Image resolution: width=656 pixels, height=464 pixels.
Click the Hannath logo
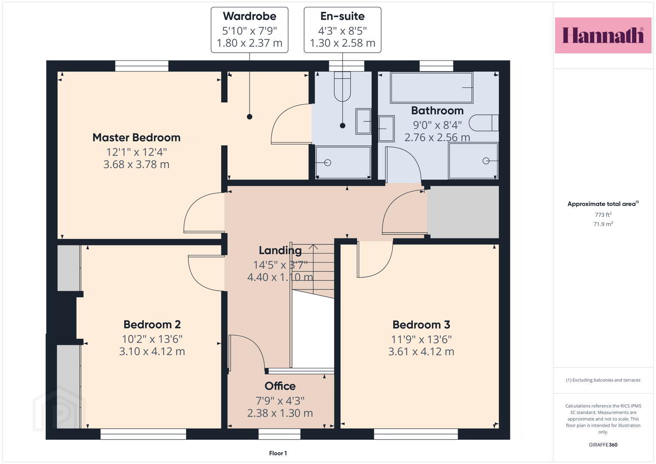pos(603,35)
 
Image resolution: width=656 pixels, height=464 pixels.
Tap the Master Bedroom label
pos(137,137)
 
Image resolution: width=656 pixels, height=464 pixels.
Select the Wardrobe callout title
pos(250,16)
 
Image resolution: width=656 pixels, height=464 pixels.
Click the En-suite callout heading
pos(342,16)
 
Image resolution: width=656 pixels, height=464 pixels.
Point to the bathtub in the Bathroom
pos(432,88)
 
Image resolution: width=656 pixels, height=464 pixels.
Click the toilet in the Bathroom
pos(483,123)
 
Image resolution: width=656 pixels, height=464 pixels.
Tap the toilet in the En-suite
pos(342,87)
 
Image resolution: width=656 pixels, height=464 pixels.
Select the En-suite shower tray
pos(343,162)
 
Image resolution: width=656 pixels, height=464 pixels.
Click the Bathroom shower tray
pos(473,161)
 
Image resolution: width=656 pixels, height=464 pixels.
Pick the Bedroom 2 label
pos(152,324)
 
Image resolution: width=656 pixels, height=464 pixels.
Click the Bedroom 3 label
pos(421,325)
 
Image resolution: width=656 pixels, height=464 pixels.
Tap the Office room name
pos(280,386)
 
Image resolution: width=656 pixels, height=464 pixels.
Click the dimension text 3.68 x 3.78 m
pos(137,164)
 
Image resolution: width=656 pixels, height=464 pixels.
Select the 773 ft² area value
pos(603,214)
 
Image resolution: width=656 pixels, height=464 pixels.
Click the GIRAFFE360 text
pos(603,445)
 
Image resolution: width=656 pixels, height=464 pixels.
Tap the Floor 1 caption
pos(278,453)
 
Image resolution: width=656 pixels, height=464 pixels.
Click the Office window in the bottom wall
pos(279,434)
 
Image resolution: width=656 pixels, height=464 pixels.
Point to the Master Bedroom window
pos(142,66)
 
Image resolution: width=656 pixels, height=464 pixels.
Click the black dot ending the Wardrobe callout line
pos(250,116)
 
